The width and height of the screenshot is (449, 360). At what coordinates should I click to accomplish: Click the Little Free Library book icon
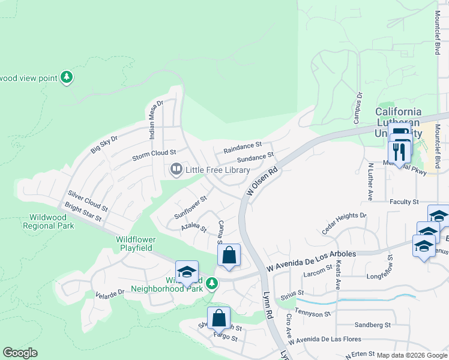point(176,170)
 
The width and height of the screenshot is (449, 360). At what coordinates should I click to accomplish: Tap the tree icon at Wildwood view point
point(67,77)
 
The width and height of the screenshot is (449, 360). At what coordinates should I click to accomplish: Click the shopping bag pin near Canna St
point(229,255)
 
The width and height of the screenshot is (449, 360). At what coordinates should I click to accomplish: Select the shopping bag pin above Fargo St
point(219,319)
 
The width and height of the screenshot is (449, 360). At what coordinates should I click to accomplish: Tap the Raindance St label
point(243,145)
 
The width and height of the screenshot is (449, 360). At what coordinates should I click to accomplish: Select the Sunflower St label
point(190,206)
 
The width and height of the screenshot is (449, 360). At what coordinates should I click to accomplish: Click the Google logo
point(20,353)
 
